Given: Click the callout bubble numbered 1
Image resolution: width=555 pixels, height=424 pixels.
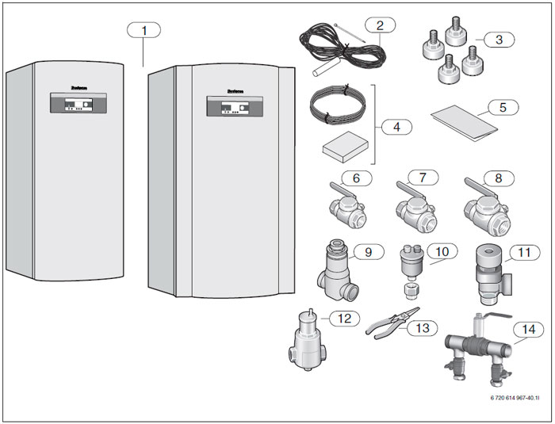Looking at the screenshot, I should (x=144, y=30).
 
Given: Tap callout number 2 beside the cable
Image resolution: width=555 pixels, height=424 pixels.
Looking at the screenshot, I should (x=380, y=25).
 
